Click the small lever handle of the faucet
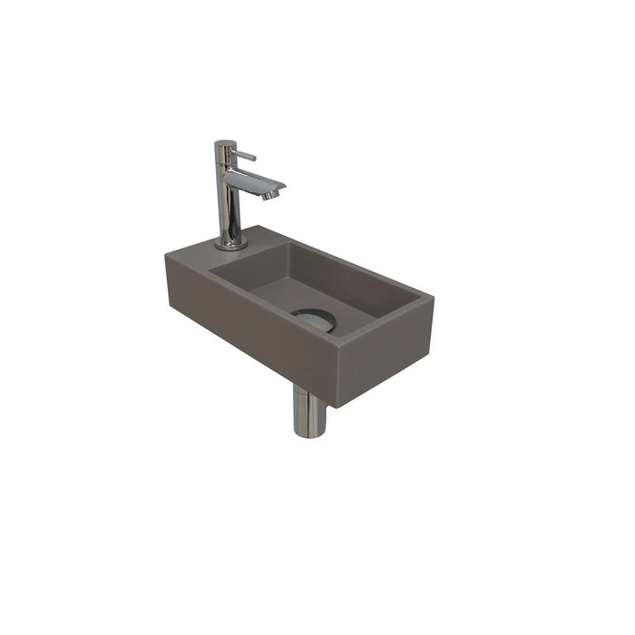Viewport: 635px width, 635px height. coord(246,156)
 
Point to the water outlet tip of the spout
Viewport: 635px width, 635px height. coord(271,194)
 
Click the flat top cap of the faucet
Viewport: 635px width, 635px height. coord(225,143)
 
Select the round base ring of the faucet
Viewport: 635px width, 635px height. coord(230,243)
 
